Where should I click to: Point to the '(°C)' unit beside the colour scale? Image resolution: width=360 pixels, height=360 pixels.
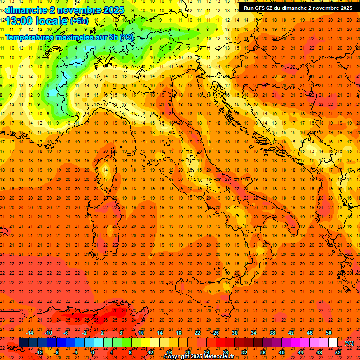coord(349,343)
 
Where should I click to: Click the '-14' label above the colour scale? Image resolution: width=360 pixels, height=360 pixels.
coord(30,333)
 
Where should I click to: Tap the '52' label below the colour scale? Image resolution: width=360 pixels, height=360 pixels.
coord(338,352)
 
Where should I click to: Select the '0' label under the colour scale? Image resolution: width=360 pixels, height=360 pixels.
coord(93,352)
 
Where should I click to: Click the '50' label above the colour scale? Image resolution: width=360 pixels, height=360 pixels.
coord(329,333)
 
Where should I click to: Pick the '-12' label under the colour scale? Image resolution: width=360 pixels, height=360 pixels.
coord(39,352)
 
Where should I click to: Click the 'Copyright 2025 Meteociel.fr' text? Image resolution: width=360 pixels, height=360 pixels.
coord(199,357)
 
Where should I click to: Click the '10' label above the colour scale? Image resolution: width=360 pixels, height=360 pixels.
coord(141,333)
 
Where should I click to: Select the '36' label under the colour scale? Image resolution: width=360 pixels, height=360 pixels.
coord(263,352)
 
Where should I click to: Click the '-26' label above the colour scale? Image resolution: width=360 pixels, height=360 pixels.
coord(216,333)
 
